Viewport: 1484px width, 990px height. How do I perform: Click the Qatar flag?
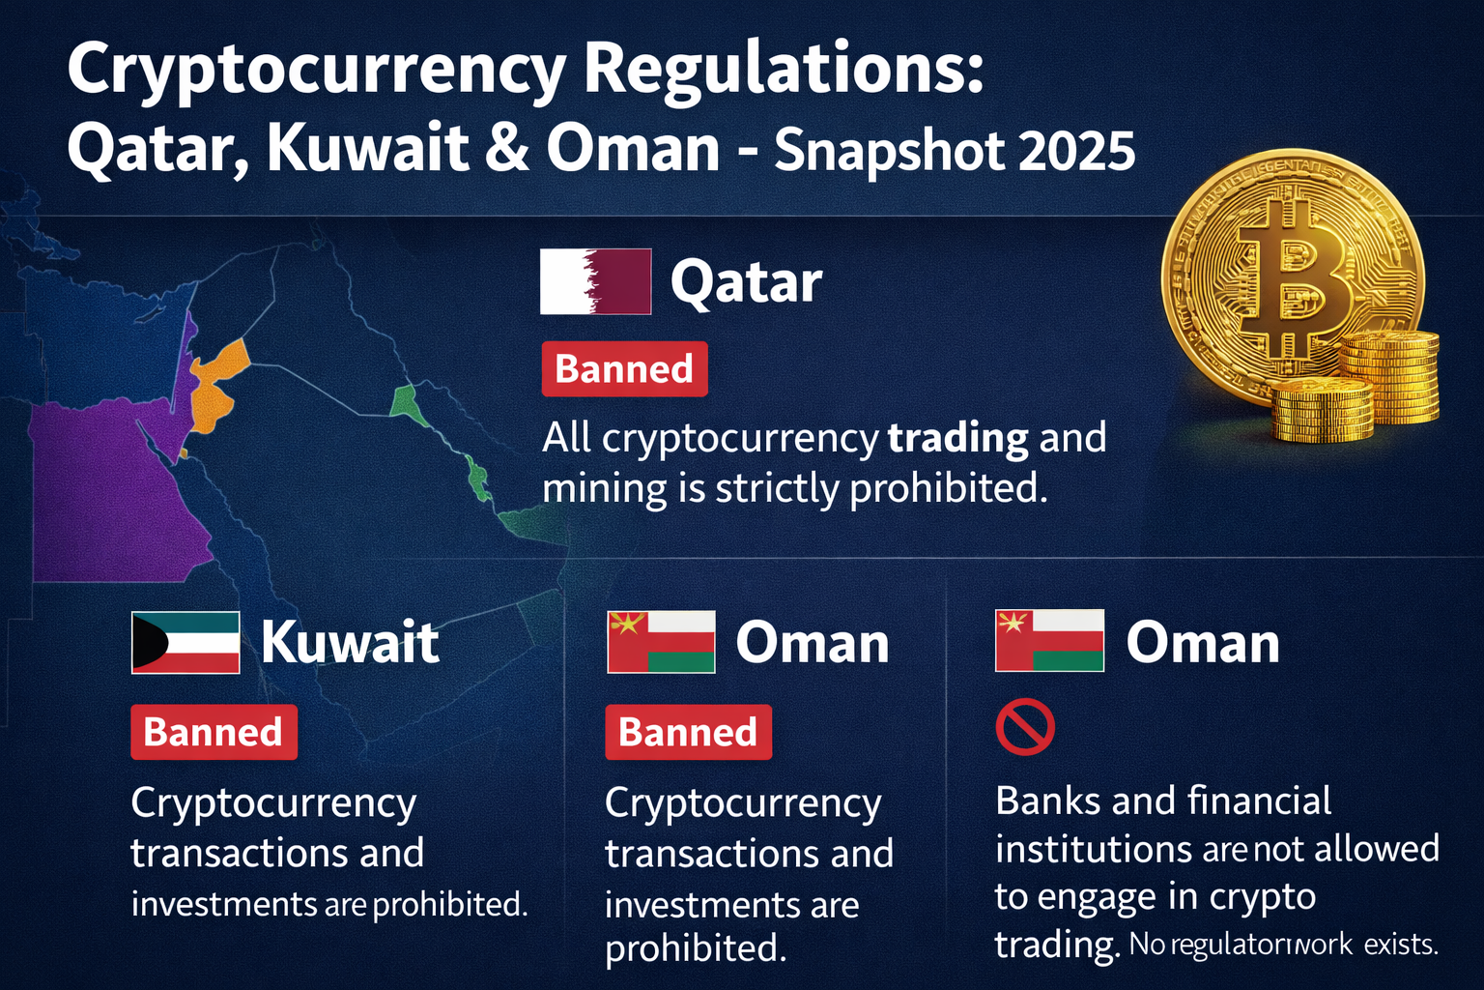[595, 281]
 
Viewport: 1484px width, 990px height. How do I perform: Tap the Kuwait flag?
[185, 643]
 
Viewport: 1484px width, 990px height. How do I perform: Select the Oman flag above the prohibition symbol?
[1049, 641]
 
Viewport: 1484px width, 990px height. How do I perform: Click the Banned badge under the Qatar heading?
[624, 369]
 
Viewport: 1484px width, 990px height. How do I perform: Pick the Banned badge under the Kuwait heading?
[214, 732]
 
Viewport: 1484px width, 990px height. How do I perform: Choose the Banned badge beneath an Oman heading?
[688, 732]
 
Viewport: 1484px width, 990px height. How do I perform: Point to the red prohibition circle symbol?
[1024, 727]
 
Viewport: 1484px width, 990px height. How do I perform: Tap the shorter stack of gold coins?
[1322, 411]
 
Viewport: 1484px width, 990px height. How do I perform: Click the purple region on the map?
[106, 483]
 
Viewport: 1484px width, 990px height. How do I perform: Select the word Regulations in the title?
[783, 70]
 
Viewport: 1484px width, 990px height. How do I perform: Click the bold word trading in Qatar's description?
[957, 438]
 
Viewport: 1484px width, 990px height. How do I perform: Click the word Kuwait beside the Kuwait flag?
[350, 643]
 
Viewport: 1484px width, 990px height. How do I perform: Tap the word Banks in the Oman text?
[1047, 801]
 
